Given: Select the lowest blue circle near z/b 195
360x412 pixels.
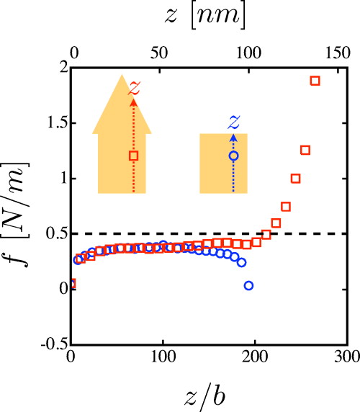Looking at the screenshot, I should point(248,286).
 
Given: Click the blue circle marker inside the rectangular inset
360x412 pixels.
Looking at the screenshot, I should point(233,155).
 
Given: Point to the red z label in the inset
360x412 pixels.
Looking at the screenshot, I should point(133,87).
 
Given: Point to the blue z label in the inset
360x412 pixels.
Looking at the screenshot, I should point(233,120).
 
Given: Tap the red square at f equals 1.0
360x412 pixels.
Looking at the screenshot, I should point(295,178).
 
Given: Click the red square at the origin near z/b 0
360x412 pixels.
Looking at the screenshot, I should point(71,284).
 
